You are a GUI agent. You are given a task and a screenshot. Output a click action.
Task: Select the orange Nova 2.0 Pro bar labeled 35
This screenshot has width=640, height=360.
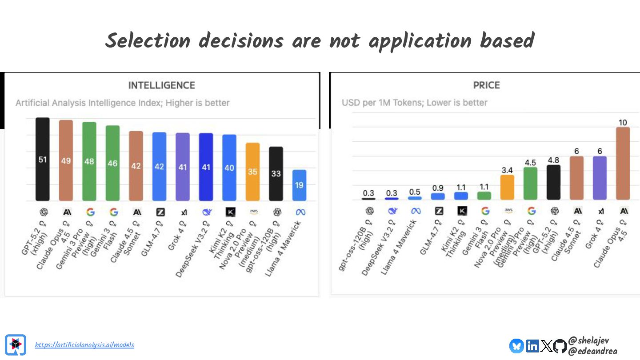click(x=252, y=172)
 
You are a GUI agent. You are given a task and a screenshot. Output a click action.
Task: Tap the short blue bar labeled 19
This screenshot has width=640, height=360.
click(x=299, y=185)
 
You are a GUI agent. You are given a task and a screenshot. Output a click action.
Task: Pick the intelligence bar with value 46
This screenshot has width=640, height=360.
click(x=112, y=163)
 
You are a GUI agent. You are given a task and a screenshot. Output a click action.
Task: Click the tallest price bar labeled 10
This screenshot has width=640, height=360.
click(x=623, y=163)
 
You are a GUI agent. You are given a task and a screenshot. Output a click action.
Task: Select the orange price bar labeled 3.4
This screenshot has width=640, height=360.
click(x=507, y=187)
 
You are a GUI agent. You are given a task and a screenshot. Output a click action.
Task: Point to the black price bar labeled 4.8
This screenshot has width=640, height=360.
click(x=553, y=182)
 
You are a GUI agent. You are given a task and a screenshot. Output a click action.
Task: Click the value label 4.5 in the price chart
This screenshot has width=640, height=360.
click(x=530, y=163)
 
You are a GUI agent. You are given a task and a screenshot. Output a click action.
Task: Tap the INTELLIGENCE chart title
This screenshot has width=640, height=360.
click(x=161, y=85)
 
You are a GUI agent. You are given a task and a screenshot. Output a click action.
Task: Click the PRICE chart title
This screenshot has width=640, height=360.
click(x=486, y=85)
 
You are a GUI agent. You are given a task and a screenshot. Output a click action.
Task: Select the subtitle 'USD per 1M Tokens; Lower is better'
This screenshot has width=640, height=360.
click(x=414, y=103)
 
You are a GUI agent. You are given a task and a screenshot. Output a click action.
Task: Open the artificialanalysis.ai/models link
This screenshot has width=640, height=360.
click(x=84, y=345)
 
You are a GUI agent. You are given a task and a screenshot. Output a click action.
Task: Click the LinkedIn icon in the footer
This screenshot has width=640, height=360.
click(x=532, y=346)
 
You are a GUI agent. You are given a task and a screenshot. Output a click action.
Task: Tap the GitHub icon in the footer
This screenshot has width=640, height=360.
click(x=560, y=346)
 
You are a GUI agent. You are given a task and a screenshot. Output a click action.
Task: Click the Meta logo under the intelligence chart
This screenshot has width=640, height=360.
click(x=300, y=212)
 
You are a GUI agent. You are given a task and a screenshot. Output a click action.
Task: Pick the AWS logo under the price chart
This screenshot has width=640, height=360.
click(x=508, y=211)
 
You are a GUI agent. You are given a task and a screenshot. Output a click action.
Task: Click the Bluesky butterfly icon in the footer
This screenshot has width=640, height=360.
click(x=516, y=346)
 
